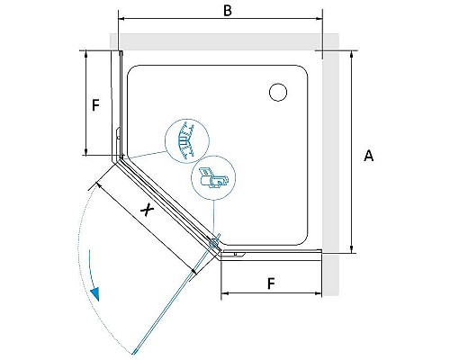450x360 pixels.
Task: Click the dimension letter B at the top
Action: point(228,11)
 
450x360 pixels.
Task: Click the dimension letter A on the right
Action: point(369,156)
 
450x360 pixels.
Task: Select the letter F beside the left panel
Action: point(95,105)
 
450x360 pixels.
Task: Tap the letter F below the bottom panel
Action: point(271,283)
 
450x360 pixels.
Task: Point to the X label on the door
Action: point(148,209)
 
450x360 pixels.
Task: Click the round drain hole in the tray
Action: point(278,92)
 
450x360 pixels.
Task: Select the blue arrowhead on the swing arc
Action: point(94,294)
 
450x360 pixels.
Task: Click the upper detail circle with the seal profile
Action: point(187,141)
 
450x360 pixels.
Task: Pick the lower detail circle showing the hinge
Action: point(213,178)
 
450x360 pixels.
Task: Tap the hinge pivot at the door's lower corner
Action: point(213,243)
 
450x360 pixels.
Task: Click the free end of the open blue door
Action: point(133,353)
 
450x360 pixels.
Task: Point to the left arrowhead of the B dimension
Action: point(121,19)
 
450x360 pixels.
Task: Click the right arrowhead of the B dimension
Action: point(319,19)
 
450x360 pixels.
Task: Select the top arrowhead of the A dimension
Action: point(352,53)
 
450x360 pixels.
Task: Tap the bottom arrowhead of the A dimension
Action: point(352,249)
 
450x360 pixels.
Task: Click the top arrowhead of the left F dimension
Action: point(86,54)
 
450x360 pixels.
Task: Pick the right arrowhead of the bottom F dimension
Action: point(319,293)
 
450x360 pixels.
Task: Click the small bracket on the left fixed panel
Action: point(118,133)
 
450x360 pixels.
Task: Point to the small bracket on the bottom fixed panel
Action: point(239,255)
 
